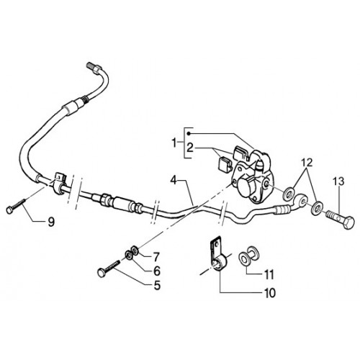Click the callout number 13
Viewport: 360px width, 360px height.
pyautogui.click(x=338, y=181)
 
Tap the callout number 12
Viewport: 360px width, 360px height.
pyautogui.click(x=307, y=163)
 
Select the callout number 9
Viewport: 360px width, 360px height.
pyautogui.click(x=51, y=222)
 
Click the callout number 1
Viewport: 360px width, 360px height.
pyautogui.click(x=174, y=143)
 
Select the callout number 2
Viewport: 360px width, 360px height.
pyautogui.click(x=190, y=148)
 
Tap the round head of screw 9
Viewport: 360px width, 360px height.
pyautogui.click(x=9, y=210)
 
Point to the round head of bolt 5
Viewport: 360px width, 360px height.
pyautogui.click(x=102, y=273)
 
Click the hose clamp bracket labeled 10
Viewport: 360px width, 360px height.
pyautogui.click(x=218, y=257)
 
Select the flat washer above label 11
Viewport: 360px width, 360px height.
pyautogui.click(x=244, y=260)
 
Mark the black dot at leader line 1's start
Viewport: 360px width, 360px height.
pyautogui.click(x=189, y=133)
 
